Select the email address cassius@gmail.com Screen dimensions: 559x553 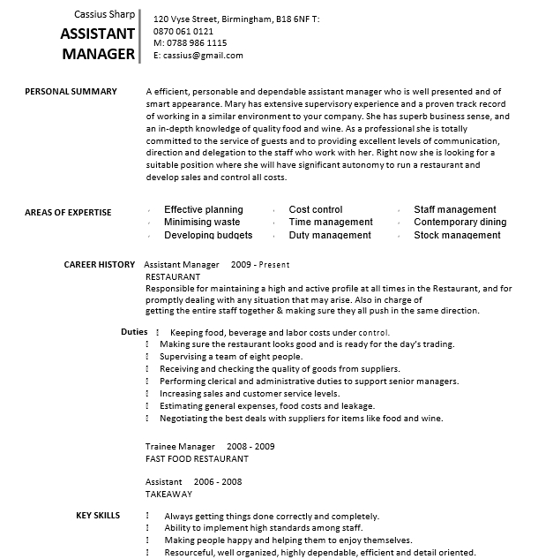pos(202,55)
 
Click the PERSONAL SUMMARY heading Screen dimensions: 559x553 pos(71,91)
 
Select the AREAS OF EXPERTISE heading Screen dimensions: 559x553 pos(68,212)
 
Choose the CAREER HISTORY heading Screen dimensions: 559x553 pos(99,264)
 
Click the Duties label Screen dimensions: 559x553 pos(134,332)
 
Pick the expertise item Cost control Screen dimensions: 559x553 pos(316,210)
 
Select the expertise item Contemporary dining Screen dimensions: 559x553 pos(460,223)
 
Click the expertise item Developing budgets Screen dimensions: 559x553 pos(208,236)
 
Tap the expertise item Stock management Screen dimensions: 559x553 pos(457,236)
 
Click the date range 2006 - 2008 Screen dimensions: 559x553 pos(217,481)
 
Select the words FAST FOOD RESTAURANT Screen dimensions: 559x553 pos(197,459)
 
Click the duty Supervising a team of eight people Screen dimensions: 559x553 pos(231,357)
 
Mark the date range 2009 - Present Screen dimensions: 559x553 pos(260,264)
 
